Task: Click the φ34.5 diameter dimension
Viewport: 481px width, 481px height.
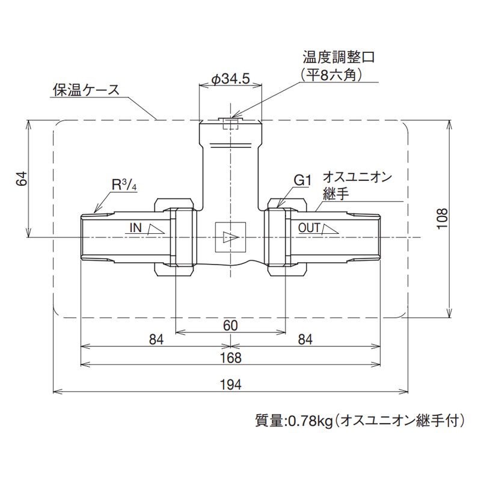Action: [231, 79]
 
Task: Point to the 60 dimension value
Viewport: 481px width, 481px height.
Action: [230, 325]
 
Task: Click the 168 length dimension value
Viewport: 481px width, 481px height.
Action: [230, 358]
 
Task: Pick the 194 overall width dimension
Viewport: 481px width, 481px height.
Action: [230, 385]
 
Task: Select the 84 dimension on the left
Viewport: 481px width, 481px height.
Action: [156, 340]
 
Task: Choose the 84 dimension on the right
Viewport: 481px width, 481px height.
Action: [305, 340]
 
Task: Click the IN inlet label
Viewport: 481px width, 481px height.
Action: [135, 228]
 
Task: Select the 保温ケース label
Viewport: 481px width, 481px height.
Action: [85, 91]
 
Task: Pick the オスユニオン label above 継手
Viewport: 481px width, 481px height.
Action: [357, 177]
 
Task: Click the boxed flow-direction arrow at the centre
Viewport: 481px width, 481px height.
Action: [230, 236]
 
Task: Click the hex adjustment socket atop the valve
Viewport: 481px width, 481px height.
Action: [230, 124]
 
